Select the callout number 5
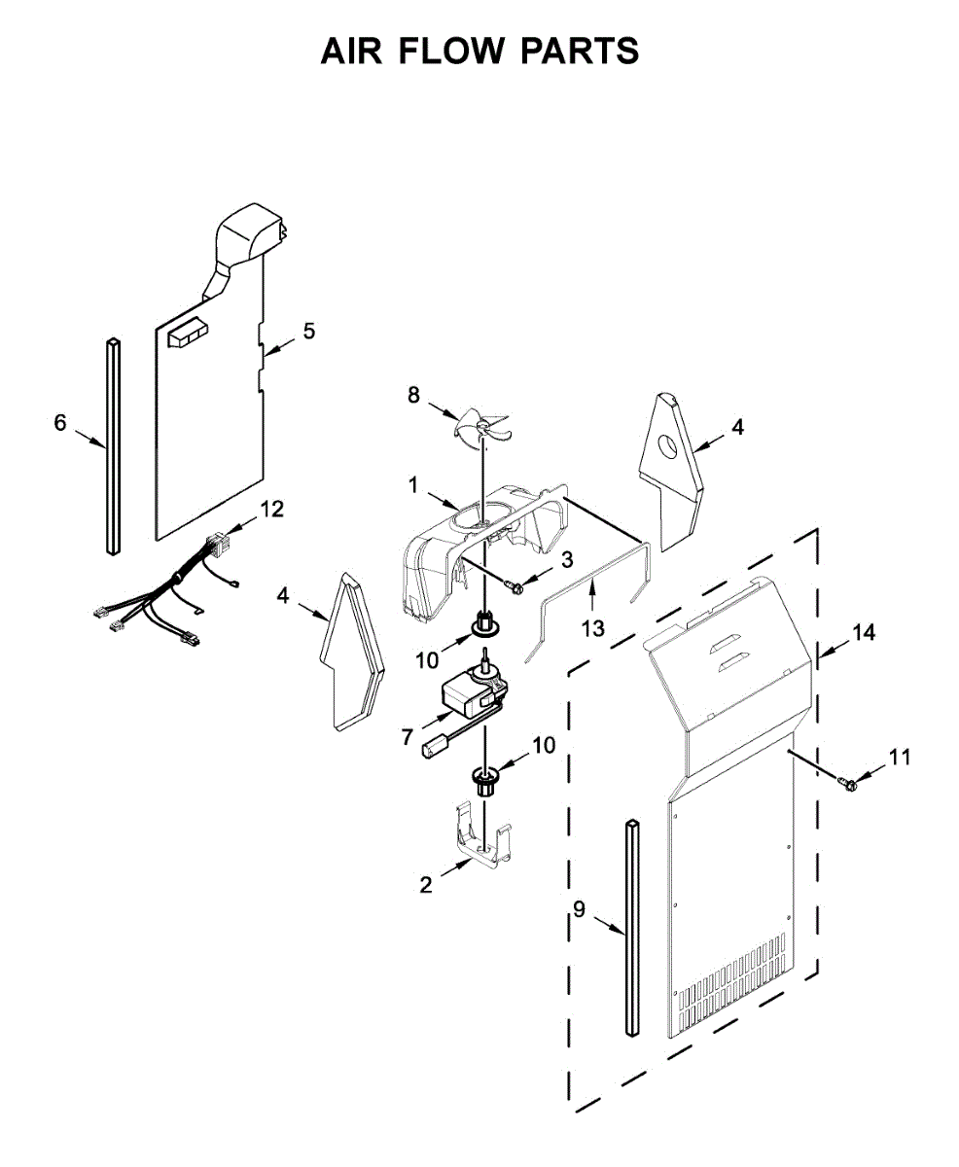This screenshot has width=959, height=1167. click(x=308, y=331)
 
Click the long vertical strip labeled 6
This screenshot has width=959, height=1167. click(x=113, y=446)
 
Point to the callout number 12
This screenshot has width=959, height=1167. click(x=271, y=508)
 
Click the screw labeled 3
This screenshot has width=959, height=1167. click(x=516, y=585)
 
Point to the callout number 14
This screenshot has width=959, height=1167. click(x=864, y=632)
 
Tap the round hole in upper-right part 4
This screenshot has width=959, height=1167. click(x=668, y=447)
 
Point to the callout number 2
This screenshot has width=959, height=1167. click(x=425, y=884)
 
